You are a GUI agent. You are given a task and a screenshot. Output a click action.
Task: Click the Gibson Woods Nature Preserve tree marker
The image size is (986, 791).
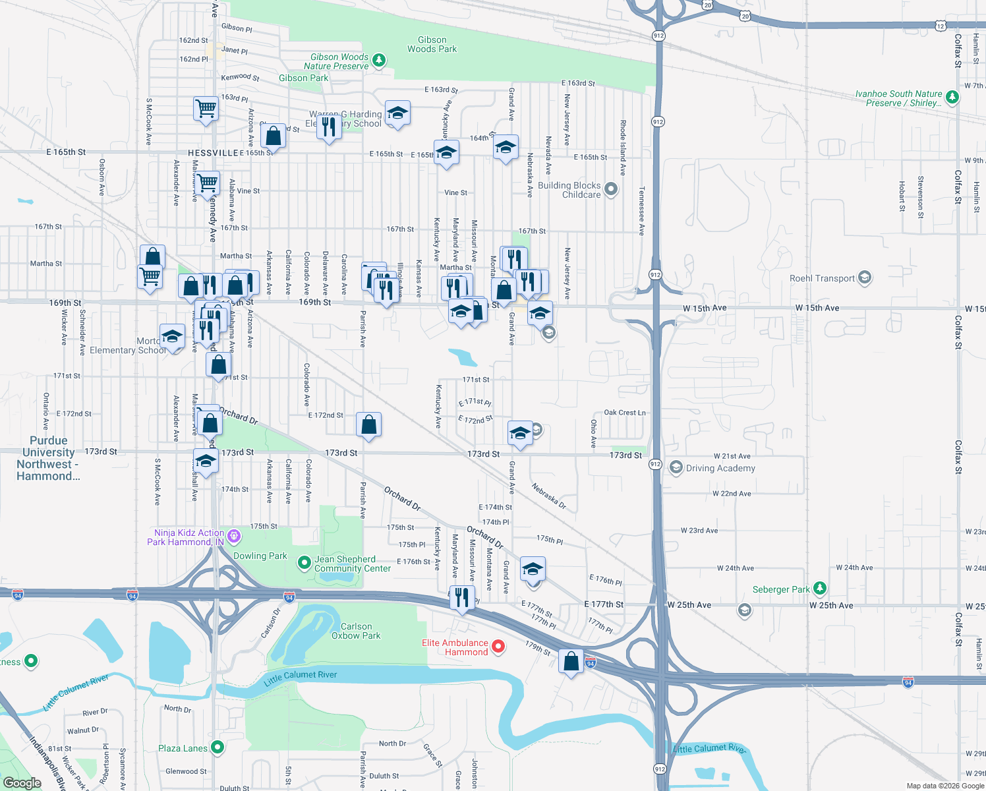(x=379, y=61)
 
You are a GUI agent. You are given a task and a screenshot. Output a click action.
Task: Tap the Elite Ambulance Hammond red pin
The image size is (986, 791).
(x=498, y=647)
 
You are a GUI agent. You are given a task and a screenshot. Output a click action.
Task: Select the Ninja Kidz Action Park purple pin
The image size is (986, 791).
(x=234, y=537)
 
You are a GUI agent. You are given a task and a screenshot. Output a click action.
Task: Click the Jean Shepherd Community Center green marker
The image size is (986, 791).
(x=304, y=563)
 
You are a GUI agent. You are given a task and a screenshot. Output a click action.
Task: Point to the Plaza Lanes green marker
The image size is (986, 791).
(x=217, y=747)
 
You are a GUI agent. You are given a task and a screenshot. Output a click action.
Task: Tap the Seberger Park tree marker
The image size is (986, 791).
(x=819, y=587)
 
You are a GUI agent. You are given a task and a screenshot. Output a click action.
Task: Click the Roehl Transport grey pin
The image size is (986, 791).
(x=865, y=278)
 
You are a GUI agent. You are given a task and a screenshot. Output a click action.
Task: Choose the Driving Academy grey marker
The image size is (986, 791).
(x=676, y=468)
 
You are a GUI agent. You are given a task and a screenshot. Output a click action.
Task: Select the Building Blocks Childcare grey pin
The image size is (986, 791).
(x=611, y=190)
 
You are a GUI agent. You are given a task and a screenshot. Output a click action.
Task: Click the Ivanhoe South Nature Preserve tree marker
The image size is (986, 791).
(x=952, y=98)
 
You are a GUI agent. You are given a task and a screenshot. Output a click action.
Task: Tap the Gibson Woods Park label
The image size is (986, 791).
(x=432, y=45)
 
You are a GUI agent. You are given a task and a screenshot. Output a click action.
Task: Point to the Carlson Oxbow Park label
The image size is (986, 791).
(x=356, y=631)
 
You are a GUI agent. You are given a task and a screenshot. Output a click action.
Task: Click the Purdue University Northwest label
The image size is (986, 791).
(x=48, y=458)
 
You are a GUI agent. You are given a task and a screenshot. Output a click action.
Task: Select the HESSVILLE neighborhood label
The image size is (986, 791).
(x=213, y=153)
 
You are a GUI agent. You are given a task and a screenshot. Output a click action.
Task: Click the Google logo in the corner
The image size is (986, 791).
(x=22, y=783)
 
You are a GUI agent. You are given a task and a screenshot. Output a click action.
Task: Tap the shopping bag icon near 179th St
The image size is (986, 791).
(x=571, y=660)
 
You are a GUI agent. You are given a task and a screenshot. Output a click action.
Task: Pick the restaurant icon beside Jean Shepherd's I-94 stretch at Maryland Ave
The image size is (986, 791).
(x=462, y=597)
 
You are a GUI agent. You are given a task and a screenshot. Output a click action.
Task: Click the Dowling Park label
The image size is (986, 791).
(x=260, y=556)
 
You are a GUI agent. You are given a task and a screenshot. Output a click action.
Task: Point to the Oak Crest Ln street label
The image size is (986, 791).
(x=625, y=413)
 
